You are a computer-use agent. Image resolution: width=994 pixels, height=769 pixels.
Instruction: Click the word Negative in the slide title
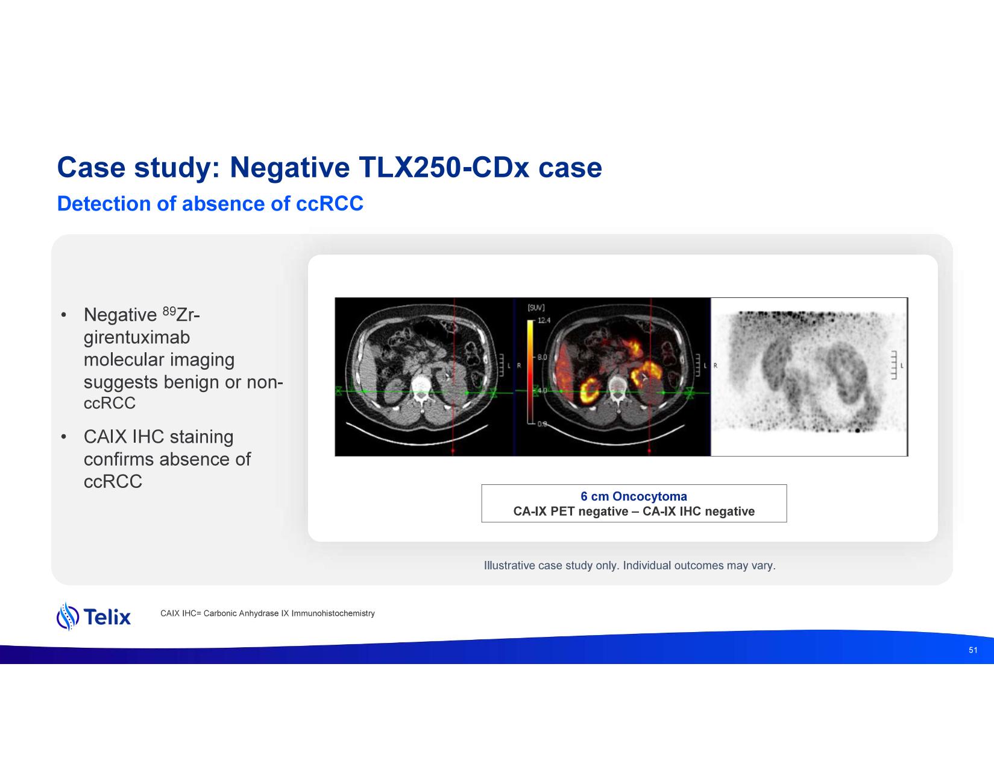point(289,168)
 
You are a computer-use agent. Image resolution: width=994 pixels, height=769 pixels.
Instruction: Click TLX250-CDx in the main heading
point(443,167)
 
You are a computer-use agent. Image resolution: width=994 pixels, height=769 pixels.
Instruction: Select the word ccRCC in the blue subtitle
point(329,204)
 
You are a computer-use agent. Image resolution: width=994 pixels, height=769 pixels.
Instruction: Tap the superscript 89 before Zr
point(169,311)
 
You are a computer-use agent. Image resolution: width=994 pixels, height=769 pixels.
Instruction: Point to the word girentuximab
point(137,338)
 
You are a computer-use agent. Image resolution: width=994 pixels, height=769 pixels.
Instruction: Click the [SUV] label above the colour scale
point(536,308)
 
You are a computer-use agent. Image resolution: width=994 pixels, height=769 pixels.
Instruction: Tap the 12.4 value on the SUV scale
point(544,320)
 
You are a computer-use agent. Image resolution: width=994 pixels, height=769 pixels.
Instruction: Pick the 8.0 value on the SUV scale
point(542,357)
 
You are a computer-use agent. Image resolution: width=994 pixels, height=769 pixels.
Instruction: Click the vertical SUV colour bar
point(530,372)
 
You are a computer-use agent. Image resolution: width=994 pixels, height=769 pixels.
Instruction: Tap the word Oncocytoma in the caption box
point(650,496)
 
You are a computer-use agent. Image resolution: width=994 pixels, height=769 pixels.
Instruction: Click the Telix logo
point(93,616)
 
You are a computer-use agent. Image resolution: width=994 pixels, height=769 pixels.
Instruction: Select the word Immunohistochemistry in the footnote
point(333,613)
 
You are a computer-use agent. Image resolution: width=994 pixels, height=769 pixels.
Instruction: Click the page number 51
point(973,650)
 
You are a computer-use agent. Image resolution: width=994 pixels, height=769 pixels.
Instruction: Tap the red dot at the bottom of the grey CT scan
point(453,451)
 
